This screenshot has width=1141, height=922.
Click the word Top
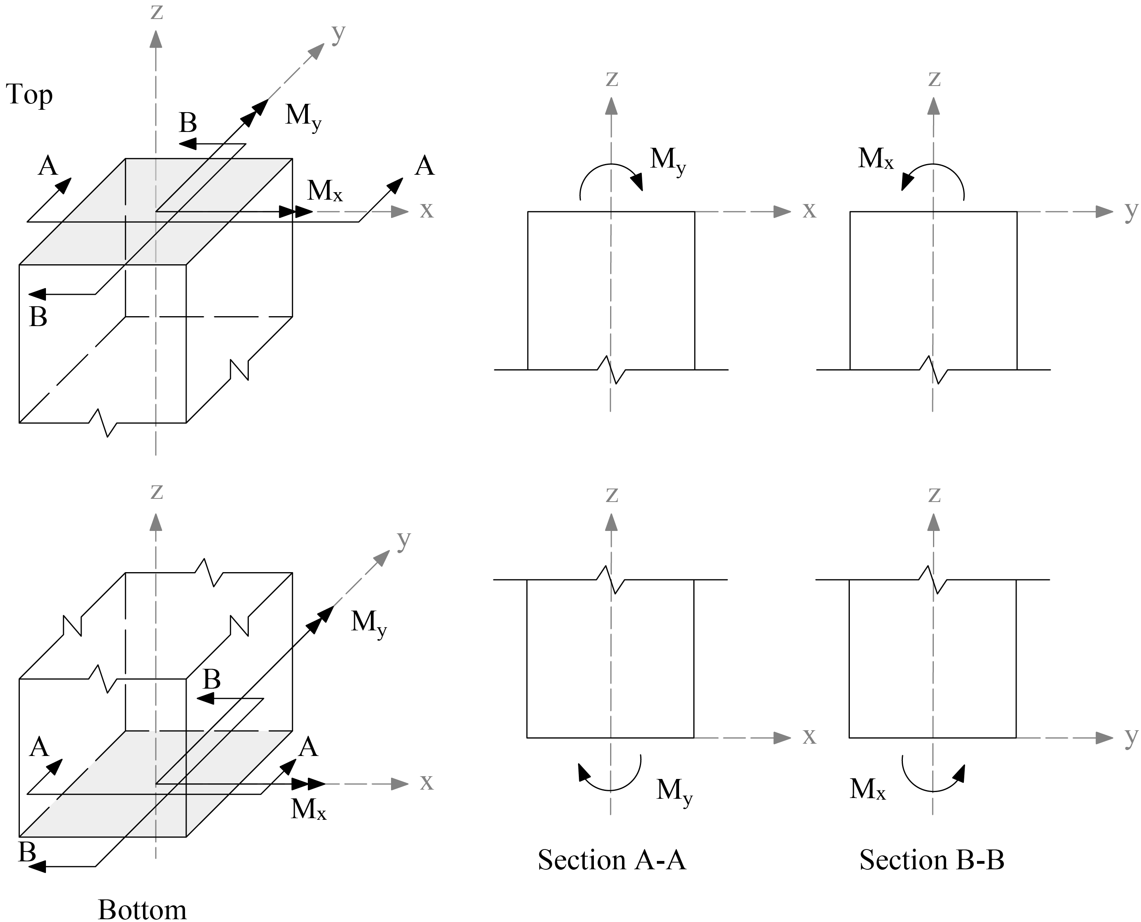pyautogui.click(x=29, y=95)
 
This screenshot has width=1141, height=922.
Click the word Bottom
pyautogui.click(x=142, y=909)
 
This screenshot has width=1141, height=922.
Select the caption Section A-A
pyautogui.click(x=612, y=860)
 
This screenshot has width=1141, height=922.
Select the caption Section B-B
pyautogui.click(x=932, y=860)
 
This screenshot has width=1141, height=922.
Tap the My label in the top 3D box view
pyautogui.click(x=303, y=116)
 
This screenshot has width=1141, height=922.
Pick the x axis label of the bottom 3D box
pyautogui.click(x=426, y=782)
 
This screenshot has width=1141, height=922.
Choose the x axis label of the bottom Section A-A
pyautogui.click(x=809, y=736)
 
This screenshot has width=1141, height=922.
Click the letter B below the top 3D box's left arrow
pyautogui.click(x=38, y=317)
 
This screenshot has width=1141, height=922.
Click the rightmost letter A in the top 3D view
pyautogui.click(x=424, y=166)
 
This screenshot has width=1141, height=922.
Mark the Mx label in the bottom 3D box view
pyautogui.click(x=308, y=809)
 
